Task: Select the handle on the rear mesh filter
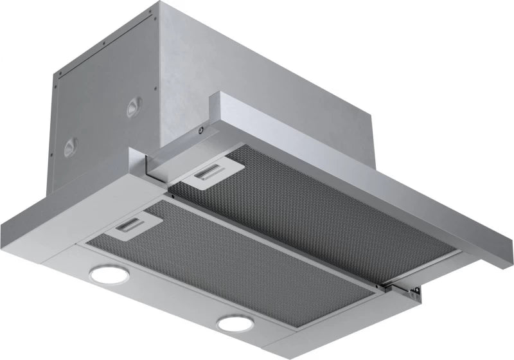coord(208,173)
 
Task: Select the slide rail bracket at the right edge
coord(407,291)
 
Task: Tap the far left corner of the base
coord(3,222)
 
